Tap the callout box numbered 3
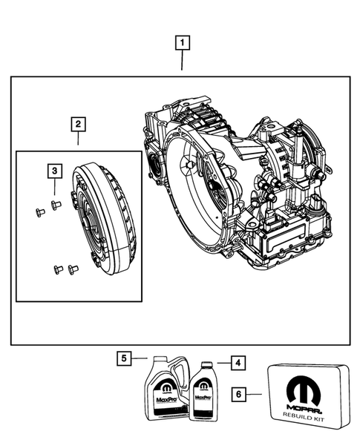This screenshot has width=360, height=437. [54, 172]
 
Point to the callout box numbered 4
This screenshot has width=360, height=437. [236, 364]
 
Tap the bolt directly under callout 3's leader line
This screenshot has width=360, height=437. [54, 203]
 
